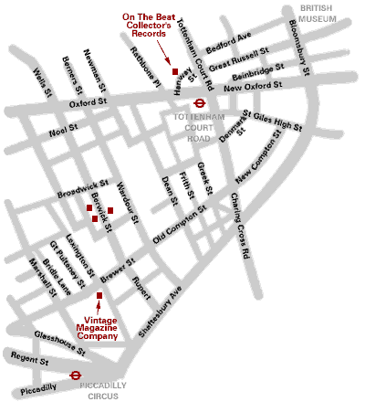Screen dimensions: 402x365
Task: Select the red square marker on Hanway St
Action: click(174, 71)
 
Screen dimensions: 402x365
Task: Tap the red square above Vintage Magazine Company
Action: click(99, 295)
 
